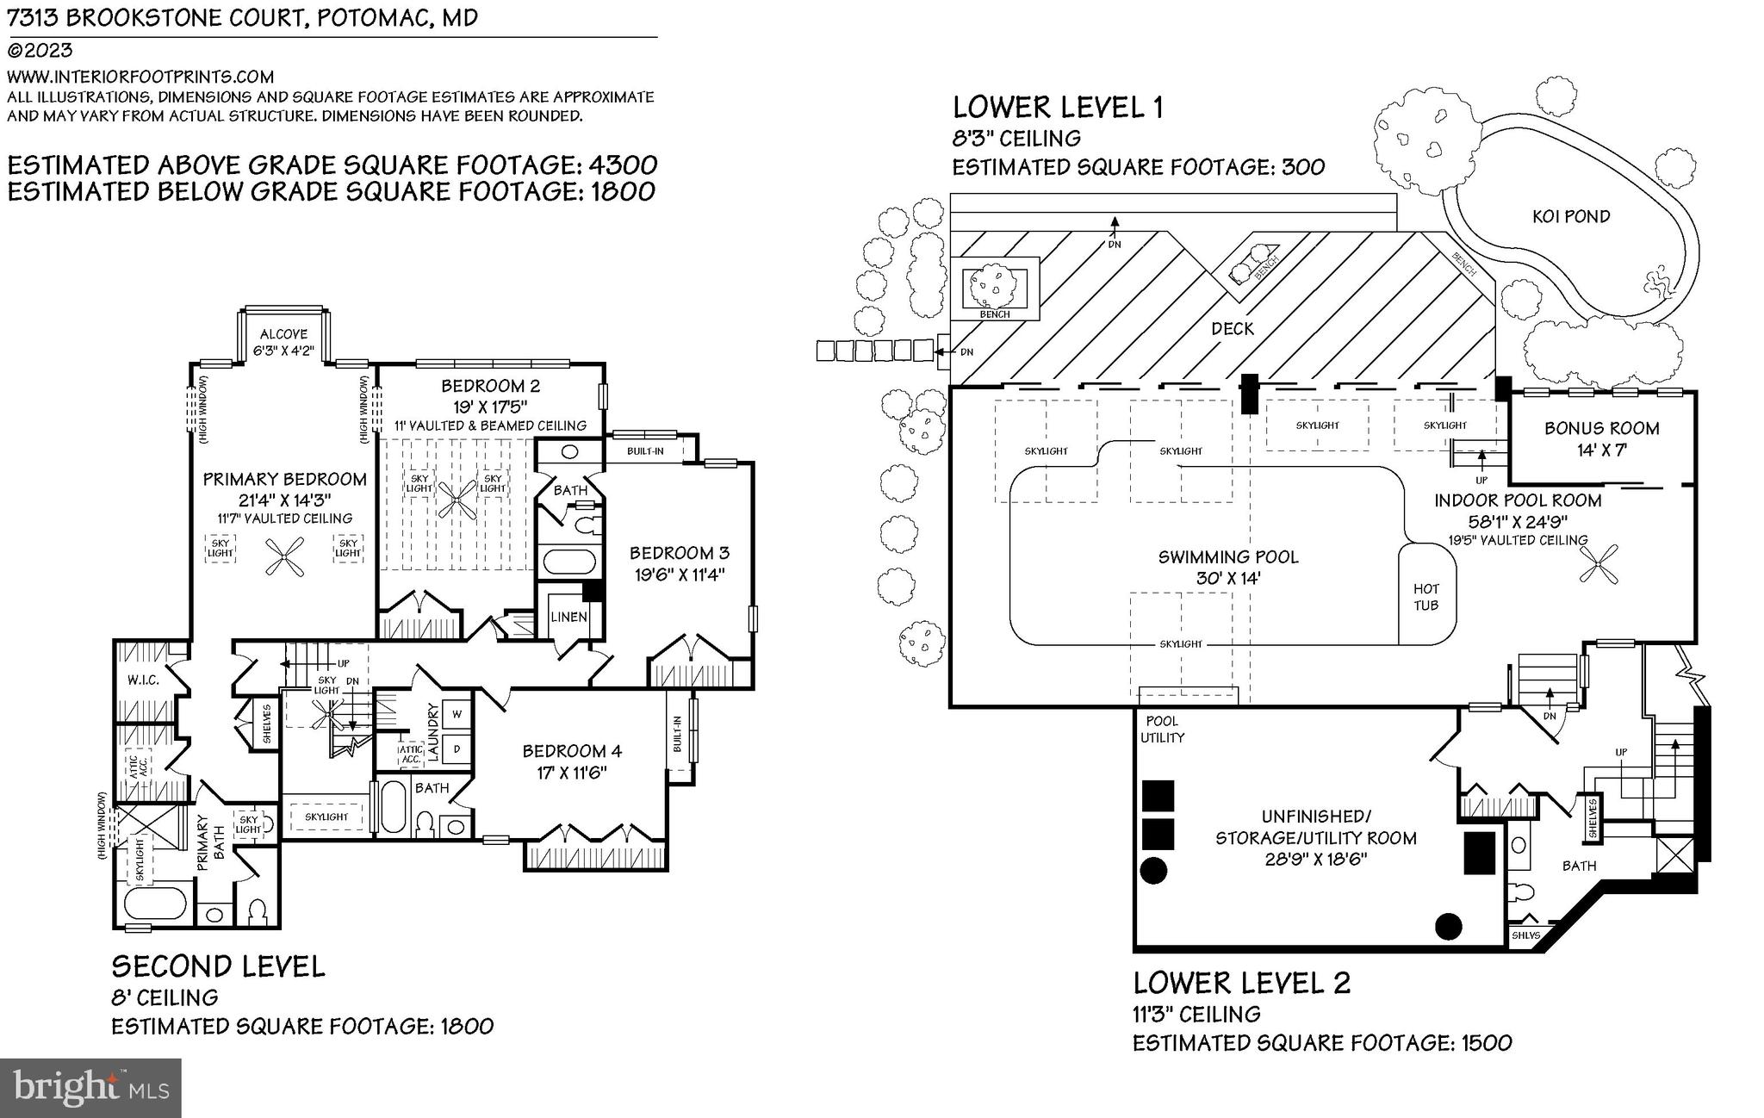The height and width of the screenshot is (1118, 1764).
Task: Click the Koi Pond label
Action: pyautogui.click(x=1571, y=216)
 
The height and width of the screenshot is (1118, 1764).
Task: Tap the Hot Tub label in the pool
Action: pyautogui.click(x=1426, y=597)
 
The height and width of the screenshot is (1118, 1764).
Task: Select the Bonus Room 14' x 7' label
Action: pyautogui.click(x=1601, y=438)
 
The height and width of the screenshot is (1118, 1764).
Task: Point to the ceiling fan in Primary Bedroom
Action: pyautogui.click(x=284, y=556)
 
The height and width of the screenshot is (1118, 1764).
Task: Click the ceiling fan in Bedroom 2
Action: pyautogui.click(x=457, y=499)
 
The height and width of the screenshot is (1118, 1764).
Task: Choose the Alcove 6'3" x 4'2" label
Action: pyautogui.click(x=283, y=343)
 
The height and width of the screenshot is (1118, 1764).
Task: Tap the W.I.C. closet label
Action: pyautogui.click(x=143, y=680)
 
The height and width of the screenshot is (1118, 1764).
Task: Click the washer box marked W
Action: pyautogui.click(x=457, y=714)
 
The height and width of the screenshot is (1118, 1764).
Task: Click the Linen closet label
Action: pyautogui.click(x=568, y=617)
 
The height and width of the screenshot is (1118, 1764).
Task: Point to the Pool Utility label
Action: pyautogui.click(x=1162, y=730)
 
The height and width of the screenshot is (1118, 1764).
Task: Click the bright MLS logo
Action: pyautogui.click(x=90, y=1089)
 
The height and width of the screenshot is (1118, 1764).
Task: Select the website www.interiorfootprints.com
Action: pyautogui.click(x=140, y=77)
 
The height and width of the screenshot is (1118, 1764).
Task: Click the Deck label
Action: pyautogui.click(x=1233, y=329)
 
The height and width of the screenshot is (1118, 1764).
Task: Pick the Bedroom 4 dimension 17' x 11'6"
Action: pyautogui.click(x=572, y=773)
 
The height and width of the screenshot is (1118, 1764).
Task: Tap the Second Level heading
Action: pyautogui.click(x=218, y=966)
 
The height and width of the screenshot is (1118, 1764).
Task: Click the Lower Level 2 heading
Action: pyautogui.click(x=1241, y=983)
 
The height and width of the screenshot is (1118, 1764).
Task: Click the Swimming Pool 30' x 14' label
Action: pyautogui.click(x=1228, y=568)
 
